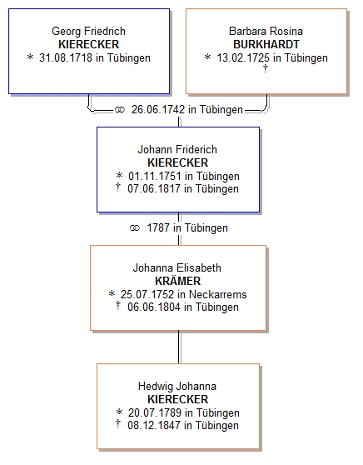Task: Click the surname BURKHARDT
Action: (x=266, y=44)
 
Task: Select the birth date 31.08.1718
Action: (x=66, y=57)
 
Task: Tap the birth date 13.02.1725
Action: (x=243, y=57)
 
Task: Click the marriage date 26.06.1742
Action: (x=158, y=109)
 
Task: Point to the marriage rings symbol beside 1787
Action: (x=135, y=228)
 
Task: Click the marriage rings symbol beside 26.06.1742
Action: (x=119, y=110)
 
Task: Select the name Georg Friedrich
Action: (x=88, y=31)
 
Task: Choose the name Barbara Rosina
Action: (x=266, y=31)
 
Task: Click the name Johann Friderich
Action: (x=177, y=149)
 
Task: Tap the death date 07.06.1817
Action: (x=154, y=188)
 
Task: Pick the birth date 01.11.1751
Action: (x=154, y=176)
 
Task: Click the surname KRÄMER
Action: (x=178, y=280)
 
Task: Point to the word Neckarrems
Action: (x=218, y=294)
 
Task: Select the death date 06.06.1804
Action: (x=154, y=307)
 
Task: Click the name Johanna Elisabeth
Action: (x=177, y=267)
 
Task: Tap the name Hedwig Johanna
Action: (x=177, y=386)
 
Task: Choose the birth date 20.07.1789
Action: (x=155, y=412)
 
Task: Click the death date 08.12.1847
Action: (x=154, y=425)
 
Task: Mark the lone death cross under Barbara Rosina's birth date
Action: (x=266, y=68)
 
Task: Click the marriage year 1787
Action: (x=158, y=228)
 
